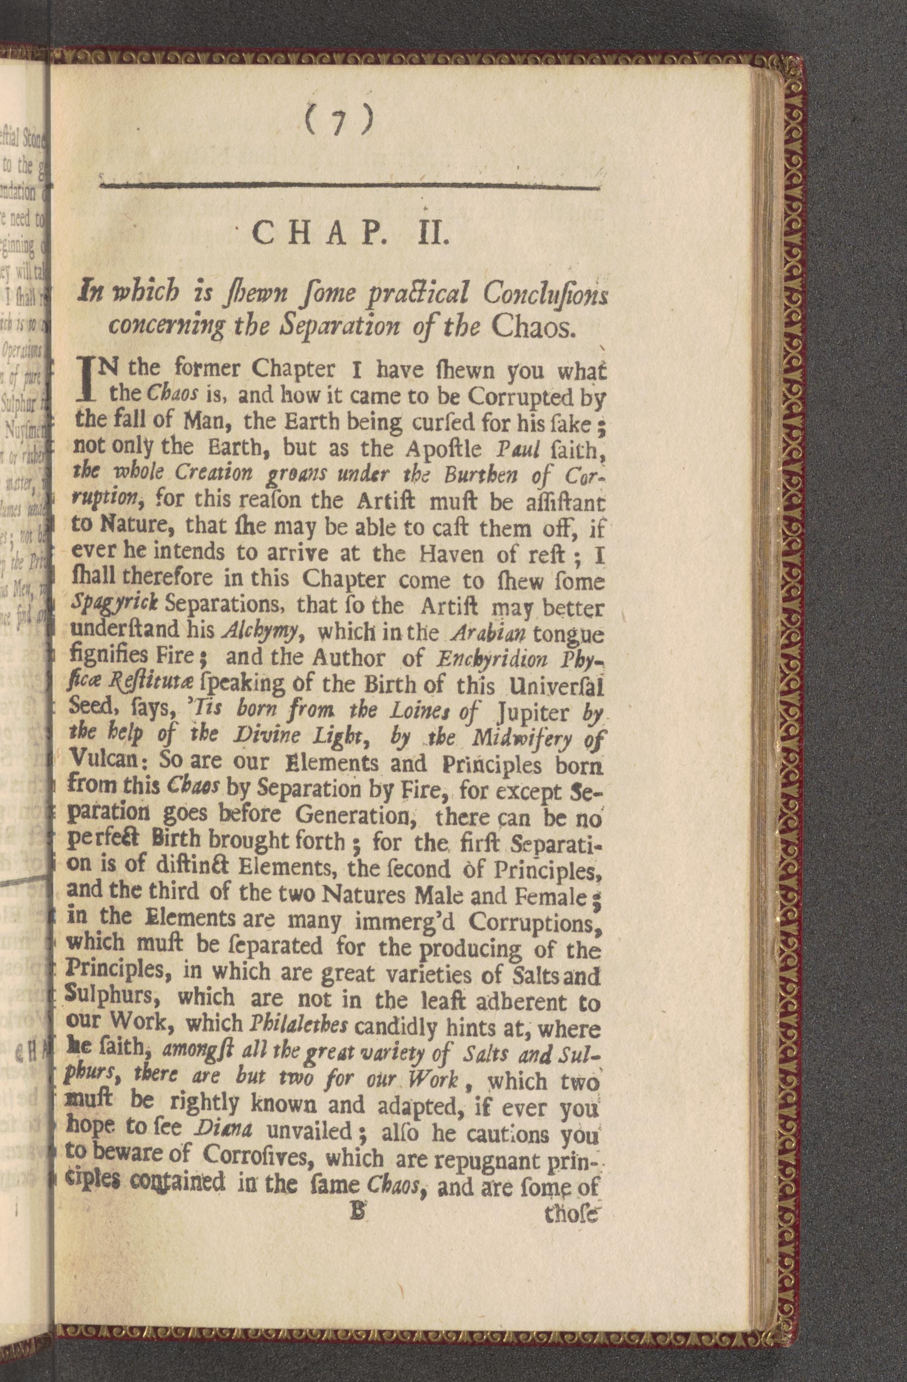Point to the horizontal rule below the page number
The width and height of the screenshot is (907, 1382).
coord(348,186)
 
